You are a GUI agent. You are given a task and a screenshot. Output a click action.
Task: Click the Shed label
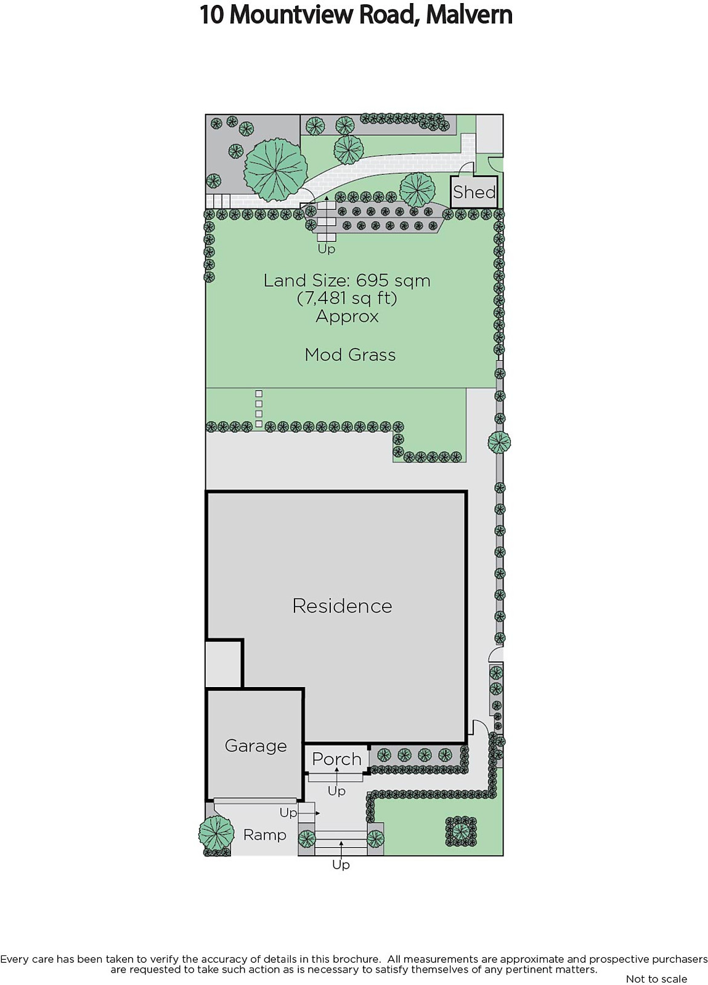tap(474, 192)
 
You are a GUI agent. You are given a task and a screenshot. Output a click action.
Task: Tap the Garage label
tap(256, 746)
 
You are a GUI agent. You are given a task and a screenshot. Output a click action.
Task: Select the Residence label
tap(343, 606)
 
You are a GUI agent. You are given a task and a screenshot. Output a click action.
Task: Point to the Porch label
tap(336, 759)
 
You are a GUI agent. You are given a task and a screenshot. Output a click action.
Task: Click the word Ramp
tap(265, 835)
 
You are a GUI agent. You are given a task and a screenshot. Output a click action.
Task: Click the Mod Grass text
tap(350, 355)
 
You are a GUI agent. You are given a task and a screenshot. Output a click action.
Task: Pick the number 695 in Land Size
tap(372, 281)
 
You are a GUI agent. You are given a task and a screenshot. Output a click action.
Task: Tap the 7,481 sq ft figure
tap(347, 298)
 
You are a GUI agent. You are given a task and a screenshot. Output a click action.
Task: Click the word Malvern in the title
tap(469, 15)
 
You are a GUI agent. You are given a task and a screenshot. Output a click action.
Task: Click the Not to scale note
tap(656, 979)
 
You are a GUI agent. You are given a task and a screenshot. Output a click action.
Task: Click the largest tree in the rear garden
tap(275, 169)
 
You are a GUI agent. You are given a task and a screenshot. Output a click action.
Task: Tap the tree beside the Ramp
tap(216, 834)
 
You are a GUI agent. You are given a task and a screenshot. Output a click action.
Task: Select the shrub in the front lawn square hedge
tap(461, 832)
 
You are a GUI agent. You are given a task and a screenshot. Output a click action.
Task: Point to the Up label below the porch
tap(336, 791)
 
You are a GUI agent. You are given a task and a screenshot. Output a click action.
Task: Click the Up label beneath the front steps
tap(341, 864)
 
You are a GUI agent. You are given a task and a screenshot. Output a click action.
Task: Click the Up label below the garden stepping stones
tap(327, 249)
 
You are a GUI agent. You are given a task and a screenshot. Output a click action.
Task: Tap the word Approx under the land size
tap(347, 316)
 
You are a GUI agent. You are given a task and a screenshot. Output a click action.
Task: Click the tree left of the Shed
tap(417, 190)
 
